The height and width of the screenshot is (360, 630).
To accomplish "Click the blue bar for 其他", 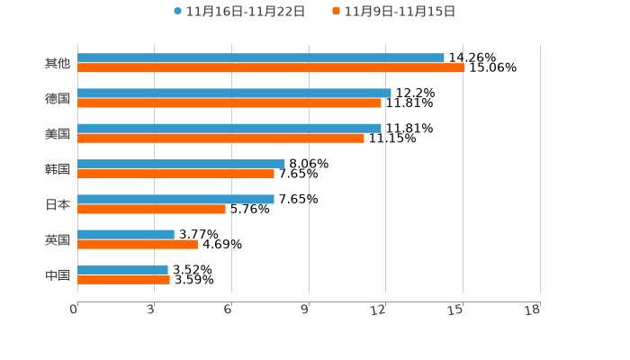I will [261, 58].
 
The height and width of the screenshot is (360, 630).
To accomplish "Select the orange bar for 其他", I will [271, 67].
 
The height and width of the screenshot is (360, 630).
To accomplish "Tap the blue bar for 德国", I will [234, 93].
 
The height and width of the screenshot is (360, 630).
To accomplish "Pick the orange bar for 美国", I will [220, 138].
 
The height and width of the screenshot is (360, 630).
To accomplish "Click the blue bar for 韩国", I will [181, 164].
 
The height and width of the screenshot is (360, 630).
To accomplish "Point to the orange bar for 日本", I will [151, 209].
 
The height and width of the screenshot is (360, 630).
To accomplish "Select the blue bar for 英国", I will [126, 234].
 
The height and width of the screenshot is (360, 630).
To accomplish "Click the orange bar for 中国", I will [123, 279].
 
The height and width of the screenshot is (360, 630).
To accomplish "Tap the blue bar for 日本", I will [175, 199].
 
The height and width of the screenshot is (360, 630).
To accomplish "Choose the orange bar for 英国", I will [138, 244].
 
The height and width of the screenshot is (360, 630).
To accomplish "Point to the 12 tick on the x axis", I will [378, 310].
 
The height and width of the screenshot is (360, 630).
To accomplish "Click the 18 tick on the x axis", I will [533, 310].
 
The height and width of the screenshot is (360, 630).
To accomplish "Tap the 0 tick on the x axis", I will [74, 310].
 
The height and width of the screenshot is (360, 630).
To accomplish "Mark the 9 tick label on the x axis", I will [304, 310].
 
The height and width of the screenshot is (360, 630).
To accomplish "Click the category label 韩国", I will [58, 169].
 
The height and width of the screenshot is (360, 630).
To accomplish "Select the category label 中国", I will [58, 274].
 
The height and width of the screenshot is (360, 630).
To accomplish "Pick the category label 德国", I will [58, 98].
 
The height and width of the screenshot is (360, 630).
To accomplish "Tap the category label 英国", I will [58, 239].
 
